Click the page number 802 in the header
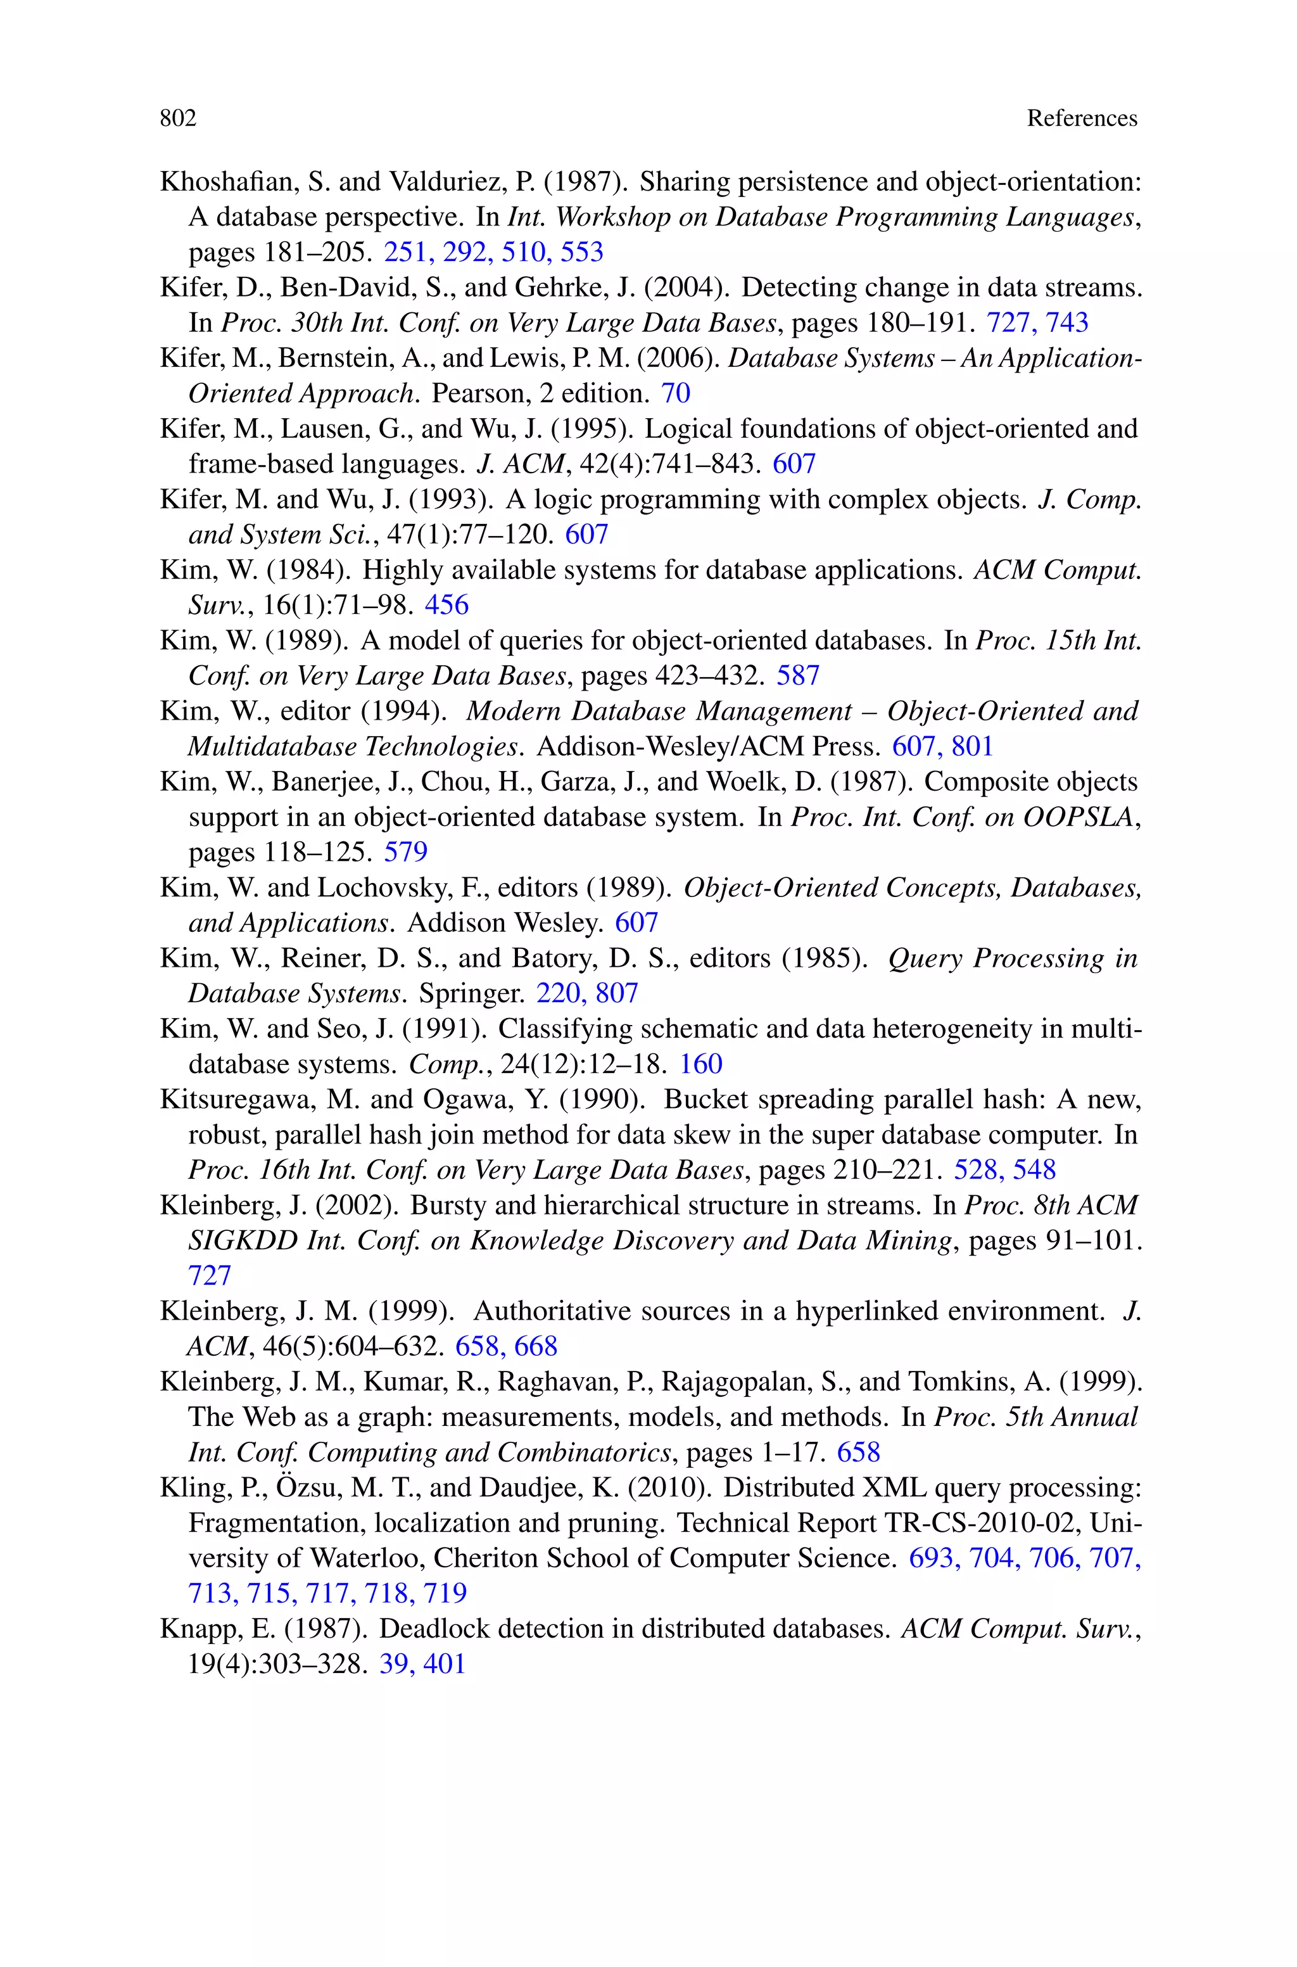click(178, 118)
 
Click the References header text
click(1081, 118)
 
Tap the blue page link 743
click(1067, 322)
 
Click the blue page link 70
click(675, 393)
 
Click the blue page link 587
click(797, 676)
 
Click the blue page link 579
click(405, 852)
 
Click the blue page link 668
click(536, 1347)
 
